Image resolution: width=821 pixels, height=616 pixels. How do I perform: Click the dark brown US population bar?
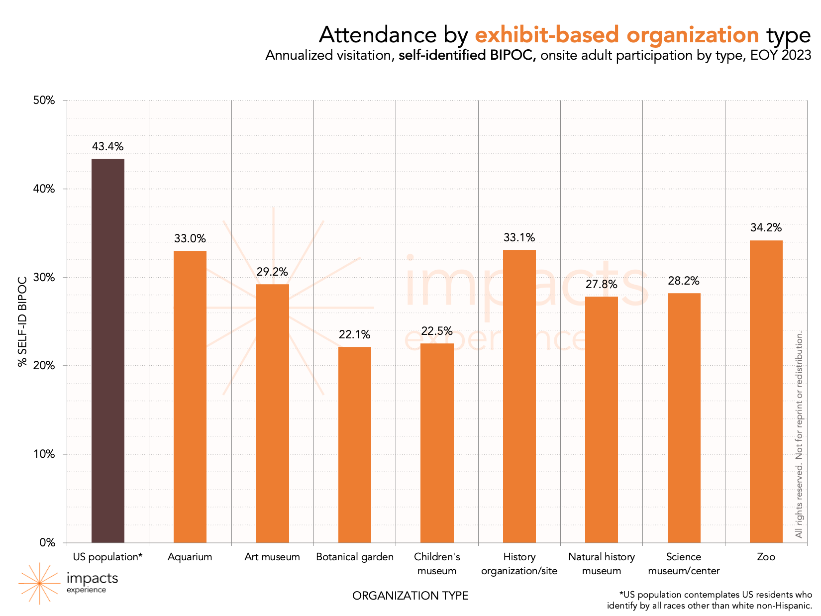click(107, 350)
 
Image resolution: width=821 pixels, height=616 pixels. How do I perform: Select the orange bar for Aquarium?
click(190, 397)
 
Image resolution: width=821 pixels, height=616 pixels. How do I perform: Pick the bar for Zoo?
click(766, 391)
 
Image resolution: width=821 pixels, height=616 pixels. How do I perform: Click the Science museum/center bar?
click(684, 417)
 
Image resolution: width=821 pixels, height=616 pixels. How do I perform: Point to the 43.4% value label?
click(107, 146)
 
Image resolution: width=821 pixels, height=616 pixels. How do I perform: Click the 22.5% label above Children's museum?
click(437, 331)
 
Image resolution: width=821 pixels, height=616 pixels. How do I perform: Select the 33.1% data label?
click(519, 237)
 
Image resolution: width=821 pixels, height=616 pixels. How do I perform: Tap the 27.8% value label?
click(601, 285)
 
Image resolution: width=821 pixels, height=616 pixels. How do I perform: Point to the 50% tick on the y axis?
click(44, 101)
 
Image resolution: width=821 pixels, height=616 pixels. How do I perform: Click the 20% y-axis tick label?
click(44, 366)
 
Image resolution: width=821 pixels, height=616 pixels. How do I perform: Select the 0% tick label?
click(47, 542)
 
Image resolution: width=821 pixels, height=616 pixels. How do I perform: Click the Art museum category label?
click(272, 557)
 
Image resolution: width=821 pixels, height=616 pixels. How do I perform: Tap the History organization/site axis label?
click(519, 564)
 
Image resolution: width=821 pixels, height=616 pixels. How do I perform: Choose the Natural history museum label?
click(601, 564)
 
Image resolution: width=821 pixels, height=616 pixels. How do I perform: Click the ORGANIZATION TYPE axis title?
click(410, 596)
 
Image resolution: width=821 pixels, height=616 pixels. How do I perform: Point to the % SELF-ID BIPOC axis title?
click(22, 320)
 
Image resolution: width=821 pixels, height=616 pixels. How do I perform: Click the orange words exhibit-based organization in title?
click(617, 35)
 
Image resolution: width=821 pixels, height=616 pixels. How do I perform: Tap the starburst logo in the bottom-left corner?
click(39, 583)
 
